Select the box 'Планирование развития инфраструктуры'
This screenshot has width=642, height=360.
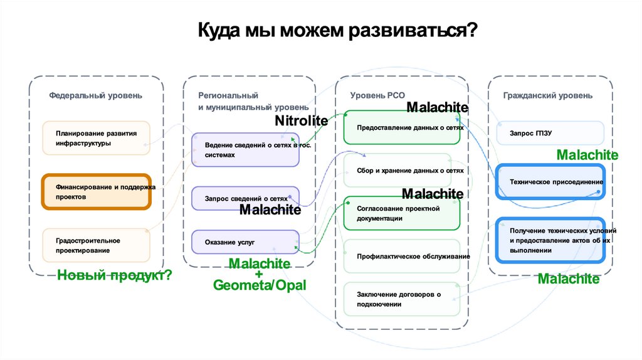[96, 138]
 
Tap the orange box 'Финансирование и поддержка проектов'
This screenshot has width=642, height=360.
[96, 192]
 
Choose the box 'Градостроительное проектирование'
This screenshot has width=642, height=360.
[96, 245]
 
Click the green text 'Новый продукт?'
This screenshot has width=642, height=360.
[114, 275]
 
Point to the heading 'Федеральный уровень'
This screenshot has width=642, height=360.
[96, 96]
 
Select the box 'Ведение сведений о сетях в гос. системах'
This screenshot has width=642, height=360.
[245, 150]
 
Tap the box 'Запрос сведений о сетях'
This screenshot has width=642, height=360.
[245, 198]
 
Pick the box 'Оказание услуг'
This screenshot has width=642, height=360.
[245, 241]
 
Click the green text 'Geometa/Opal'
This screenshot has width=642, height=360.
[259, 285]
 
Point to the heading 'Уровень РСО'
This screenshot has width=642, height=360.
[377, 95]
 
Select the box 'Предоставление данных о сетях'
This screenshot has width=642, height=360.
[401, 127]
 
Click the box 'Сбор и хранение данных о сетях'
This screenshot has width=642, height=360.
[401, 170]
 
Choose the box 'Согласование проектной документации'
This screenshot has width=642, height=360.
[401, 213]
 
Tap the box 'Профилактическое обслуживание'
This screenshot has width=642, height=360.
[401, 256]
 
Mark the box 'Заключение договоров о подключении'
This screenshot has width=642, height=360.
[401, 299]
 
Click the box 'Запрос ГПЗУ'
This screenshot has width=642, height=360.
[550, 133]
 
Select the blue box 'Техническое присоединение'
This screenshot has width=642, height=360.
[550, 181]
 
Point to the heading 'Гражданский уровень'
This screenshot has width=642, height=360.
[547, 96]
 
